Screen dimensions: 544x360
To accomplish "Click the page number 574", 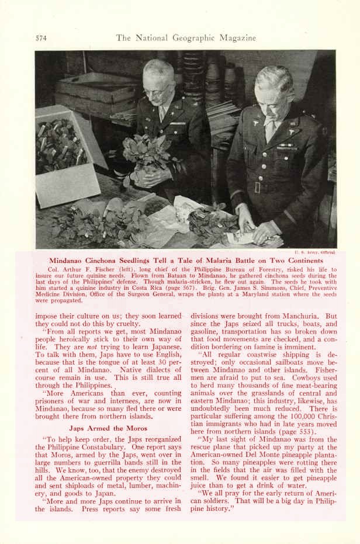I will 40,39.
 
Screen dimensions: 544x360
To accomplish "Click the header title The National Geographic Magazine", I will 186,39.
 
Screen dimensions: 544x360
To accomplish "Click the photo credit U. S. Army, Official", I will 319,252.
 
